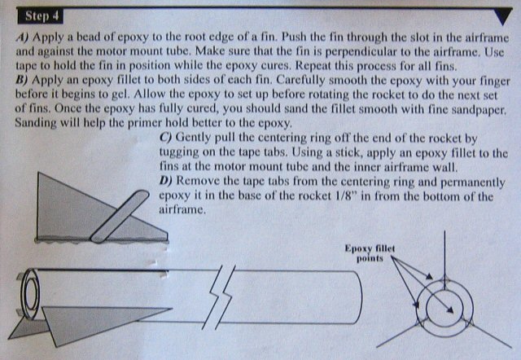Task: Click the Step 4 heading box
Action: pos(40,16)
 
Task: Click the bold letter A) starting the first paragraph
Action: pos(22,37)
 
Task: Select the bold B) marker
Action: pos(22,80)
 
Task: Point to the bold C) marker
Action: pos(166,138)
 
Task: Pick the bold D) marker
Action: pos(166,181)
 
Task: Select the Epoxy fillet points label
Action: pos(370,253)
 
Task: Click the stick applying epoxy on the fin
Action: pos(120,217)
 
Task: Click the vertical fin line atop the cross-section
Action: pos(444,255)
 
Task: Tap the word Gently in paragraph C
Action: pos(195,138)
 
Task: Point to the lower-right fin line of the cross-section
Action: pos(490,335)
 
